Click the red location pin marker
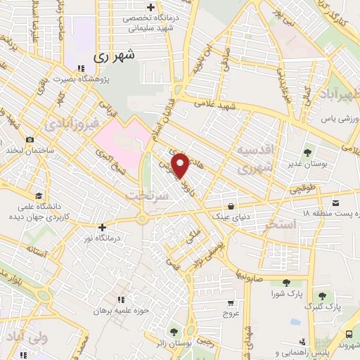pos(181,165)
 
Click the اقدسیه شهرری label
pos(254,160)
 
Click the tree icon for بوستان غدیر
pos(307,152)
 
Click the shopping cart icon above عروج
pos(231,303)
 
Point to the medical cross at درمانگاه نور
pos(103,227)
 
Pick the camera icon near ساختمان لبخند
pos(29,139)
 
